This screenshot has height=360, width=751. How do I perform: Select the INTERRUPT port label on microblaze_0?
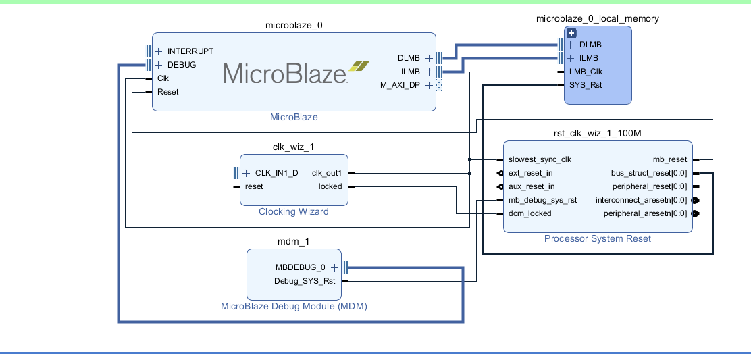click(190, 51)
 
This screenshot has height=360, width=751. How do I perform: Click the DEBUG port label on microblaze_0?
click(182, 65)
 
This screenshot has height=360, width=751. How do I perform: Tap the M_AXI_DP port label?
click(400, 85)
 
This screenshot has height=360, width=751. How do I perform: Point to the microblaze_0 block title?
click(294, 25)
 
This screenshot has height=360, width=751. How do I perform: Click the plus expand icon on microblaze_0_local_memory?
click(571, 33)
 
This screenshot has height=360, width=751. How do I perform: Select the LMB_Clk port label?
click(586, 72)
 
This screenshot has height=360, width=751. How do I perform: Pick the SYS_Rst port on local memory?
click(586, 85)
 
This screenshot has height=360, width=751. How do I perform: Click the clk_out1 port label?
click(327, 173)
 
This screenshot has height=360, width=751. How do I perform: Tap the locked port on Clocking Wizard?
click(330, 186)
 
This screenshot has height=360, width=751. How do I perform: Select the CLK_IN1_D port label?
click(276, 173)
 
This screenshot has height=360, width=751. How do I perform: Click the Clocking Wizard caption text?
click(294, 212)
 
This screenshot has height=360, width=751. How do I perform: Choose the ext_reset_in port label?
click(531, 173)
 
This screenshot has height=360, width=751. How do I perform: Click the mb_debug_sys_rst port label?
click(542, 200)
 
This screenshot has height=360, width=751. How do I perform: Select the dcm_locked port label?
click(529, 213)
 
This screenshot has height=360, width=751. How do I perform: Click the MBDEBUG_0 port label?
click(300, 267)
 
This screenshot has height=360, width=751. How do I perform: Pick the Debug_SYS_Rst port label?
click(305, 281)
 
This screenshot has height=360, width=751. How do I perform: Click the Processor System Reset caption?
click(598, 239)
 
